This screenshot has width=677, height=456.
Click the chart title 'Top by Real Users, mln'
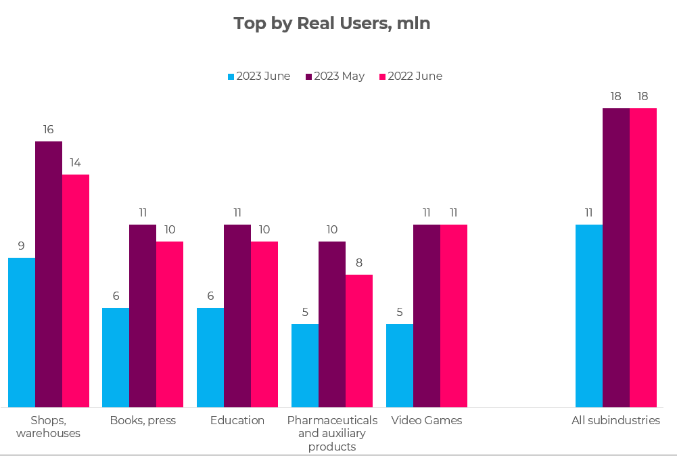pyautogui.click(x=332, y=24)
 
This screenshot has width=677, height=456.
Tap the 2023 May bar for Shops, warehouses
pyautogui.click(x=49, y=274)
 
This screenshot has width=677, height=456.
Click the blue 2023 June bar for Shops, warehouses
pyautogui.click(x=22, y=332)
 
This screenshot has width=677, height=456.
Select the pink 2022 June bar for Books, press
pyautogui.click(x=170, y=324)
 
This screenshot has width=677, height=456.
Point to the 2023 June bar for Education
pyautogui.click(x=210, y=357)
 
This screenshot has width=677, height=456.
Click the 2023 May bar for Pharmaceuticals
pyautogui.click(x=332, y=324)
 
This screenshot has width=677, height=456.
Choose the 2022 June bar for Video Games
pyautogui.click(x=454, y=315)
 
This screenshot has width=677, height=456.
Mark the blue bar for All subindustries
pyautogui.click(x=589, y=315)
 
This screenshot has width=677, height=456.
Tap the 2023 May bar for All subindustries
pyautogui.click(x=616, y=257)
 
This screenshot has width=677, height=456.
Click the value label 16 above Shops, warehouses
pyautogui.click(x=49, y=129)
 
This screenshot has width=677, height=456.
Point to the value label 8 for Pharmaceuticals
pyautogui.click(x=359, y=263)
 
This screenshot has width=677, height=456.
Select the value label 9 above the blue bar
pyautogui.click(x=22, y=246)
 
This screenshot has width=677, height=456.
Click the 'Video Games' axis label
pyautogui.click(x=427, y=420)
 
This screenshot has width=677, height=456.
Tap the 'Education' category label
pyautogui.click(x=237, y=420)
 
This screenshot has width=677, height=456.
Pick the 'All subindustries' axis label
pyautogui.click(x=615, y=420)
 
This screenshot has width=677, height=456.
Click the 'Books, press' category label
pyautogui.click(x=143, y=420)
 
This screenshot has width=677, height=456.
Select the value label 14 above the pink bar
pyautogui.click(x=76, y=162)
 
